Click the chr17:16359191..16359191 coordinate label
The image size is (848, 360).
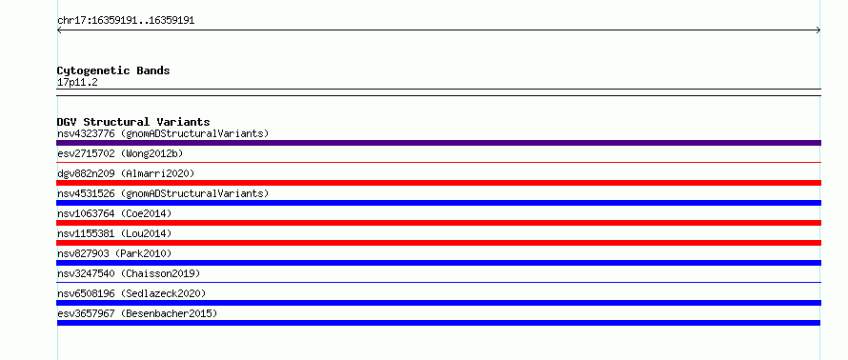click(x=126, y=21)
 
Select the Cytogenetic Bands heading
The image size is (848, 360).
click(x=113, y=70)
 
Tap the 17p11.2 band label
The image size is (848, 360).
click(x=77, y=83)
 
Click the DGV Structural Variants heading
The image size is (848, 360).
click(x=133, y=122)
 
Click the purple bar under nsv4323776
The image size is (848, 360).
click(x=438, y=143)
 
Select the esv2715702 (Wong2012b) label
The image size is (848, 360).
click(x=120, y=153)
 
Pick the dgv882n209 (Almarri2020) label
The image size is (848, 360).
click(x=126, y=173)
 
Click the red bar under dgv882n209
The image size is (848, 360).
click(x=438, y=183)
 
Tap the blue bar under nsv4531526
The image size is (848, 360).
click(x=438, y=203)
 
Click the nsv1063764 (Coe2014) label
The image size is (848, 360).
click(x=114, y=213)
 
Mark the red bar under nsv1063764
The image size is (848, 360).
click(x=438, y=223)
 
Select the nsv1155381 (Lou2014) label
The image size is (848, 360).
click(x=114, y=233)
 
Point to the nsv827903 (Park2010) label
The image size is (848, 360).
click(x=114, y=253)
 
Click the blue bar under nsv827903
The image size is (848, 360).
click(x=438, y=263)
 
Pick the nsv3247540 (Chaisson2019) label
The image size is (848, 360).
click(x=129, y=273)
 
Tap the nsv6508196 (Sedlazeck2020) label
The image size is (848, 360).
click(x=131, y=293)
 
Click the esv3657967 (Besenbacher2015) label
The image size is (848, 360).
click(x=137, y=313)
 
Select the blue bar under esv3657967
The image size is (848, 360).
click(x=438, y=323)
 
